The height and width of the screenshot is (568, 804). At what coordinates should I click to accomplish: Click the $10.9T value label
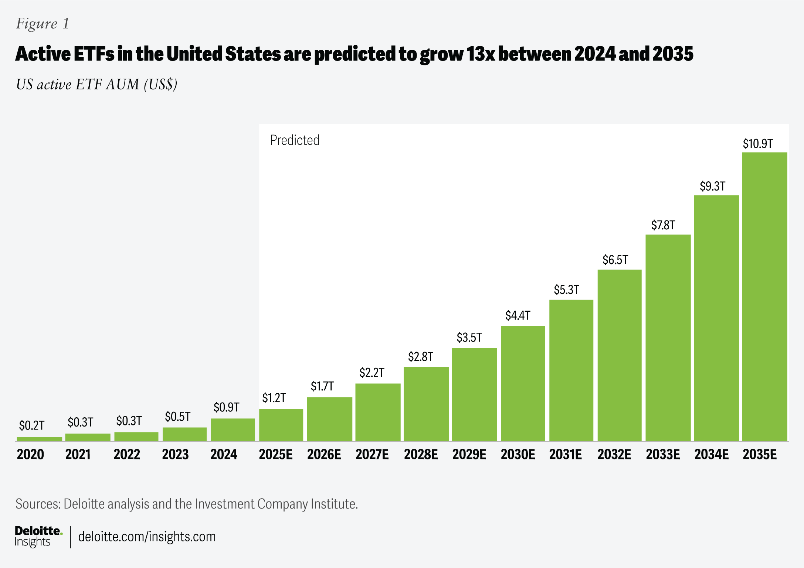click(757, 144)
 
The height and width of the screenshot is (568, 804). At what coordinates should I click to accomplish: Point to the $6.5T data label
click(615, 260)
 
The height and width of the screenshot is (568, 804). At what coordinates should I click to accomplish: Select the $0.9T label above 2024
click(226, 407)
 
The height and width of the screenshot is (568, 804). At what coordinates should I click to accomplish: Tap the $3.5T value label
click(469, 338)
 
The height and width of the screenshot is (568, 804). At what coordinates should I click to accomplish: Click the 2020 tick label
click(30, 454)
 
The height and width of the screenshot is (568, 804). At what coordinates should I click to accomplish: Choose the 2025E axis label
click(275, 454)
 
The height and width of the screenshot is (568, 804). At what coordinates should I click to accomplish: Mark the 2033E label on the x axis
click(662, 454)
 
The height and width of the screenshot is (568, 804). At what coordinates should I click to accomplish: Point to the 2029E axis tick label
click(469, 454)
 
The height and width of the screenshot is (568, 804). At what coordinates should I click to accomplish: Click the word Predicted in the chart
click(295, 140)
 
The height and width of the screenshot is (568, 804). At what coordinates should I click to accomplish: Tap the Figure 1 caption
click(43, 24)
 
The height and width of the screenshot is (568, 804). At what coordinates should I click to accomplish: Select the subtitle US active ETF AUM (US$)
click(96, 85)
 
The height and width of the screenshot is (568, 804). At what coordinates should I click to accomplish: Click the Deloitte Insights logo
click(38, 536)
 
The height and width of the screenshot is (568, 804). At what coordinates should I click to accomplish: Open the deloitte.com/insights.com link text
click(147, 537)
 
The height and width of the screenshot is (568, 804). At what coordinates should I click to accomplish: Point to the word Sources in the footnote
click(38, 504)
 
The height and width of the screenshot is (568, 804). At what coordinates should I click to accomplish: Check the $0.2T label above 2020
click(31, 425)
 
